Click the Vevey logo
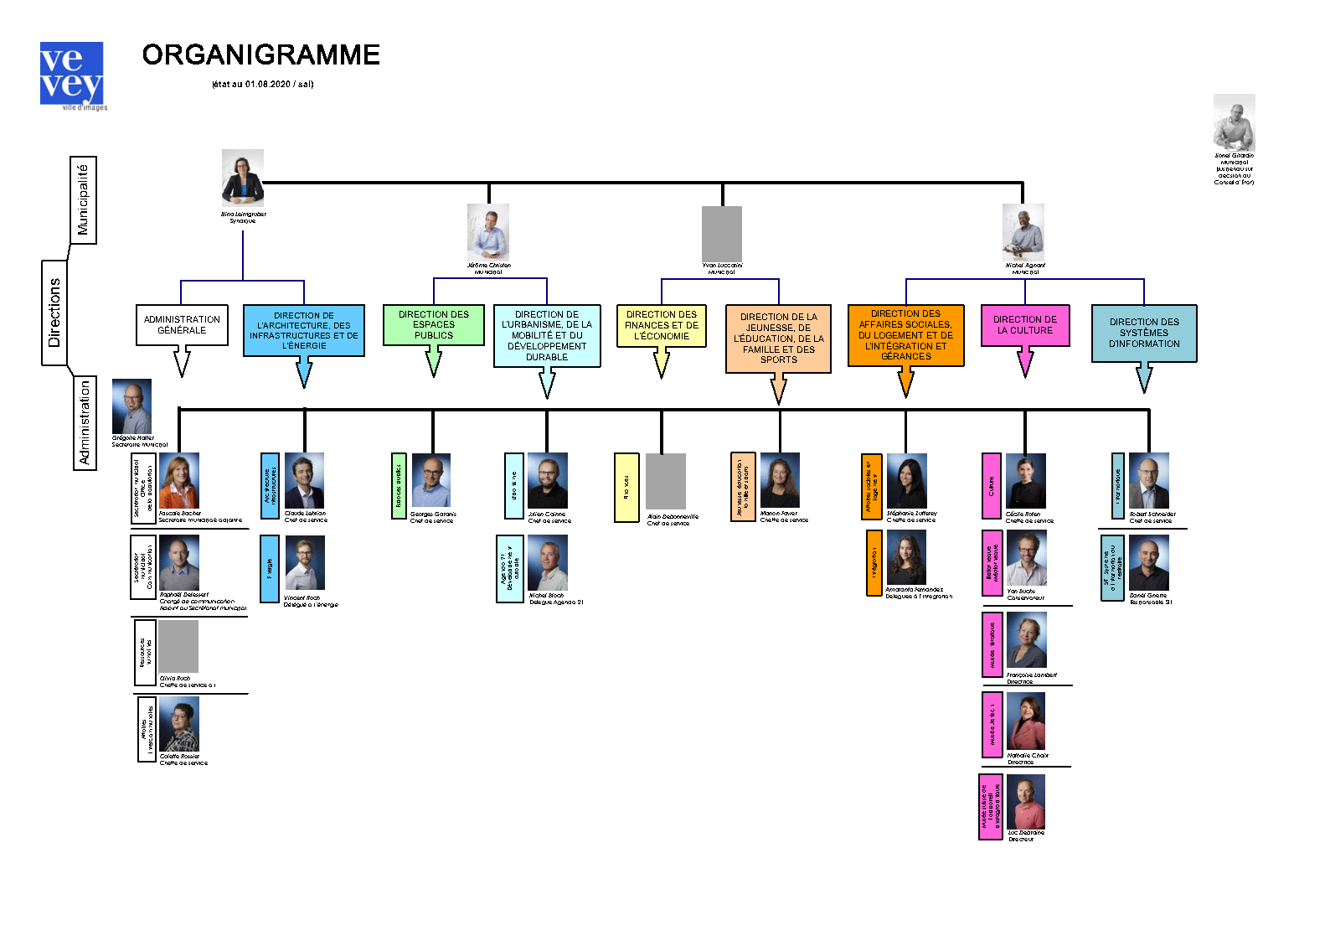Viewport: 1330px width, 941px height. click(72, 75)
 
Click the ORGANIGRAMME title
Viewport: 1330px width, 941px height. click(260, 55)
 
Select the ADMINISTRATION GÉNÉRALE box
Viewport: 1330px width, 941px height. click(182, 325)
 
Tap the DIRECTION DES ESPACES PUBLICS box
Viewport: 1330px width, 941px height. click(433, 325)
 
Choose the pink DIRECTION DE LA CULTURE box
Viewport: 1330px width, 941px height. click(1025, 325)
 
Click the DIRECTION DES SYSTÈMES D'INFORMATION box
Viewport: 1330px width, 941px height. click(1144, 333)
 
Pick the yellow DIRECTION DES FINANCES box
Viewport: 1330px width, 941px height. click(662, 326)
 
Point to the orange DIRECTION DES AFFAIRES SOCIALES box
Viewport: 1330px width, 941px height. click(905, 335)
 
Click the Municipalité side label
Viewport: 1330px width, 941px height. click(83, 200)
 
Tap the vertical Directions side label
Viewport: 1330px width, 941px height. click(54, 313)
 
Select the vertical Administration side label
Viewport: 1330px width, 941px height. click(85, 422)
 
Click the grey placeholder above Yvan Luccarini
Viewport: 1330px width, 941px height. click(722, 234)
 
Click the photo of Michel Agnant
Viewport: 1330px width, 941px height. click(1023, 232)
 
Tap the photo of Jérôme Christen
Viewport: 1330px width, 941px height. click(488, 232)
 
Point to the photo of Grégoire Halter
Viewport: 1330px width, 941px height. click(132, 406)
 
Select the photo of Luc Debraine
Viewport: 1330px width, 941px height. click(1026, 801)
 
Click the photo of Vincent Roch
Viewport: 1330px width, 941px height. click(305, 563)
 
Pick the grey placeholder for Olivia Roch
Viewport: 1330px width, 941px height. click(178, 646)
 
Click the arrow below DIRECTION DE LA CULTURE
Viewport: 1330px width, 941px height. click(1025, 363)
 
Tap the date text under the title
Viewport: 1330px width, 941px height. click(262, 84)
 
